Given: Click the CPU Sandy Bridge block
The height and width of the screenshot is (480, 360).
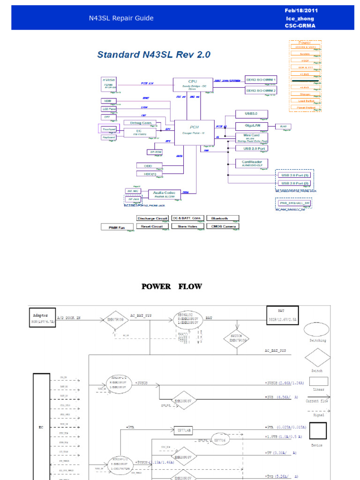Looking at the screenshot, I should click(x=193, y=84).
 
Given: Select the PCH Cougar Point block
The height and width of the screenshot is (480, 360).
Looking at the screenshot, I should click(x=194, y=130).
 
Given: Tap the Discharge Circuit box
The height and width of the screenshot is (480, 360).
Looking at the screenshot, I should click(x=152, y=218).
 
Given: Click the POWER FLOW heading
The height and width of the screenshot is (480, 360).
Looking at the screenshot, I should click(x=172, y=286).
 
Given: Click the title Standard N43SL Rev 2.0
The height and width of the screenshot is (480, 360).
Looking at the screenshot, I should click(x=154, y=55).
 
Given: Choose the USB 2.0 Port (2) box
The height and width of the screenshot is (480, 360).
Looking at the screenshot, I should click(x=294, y=183).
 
